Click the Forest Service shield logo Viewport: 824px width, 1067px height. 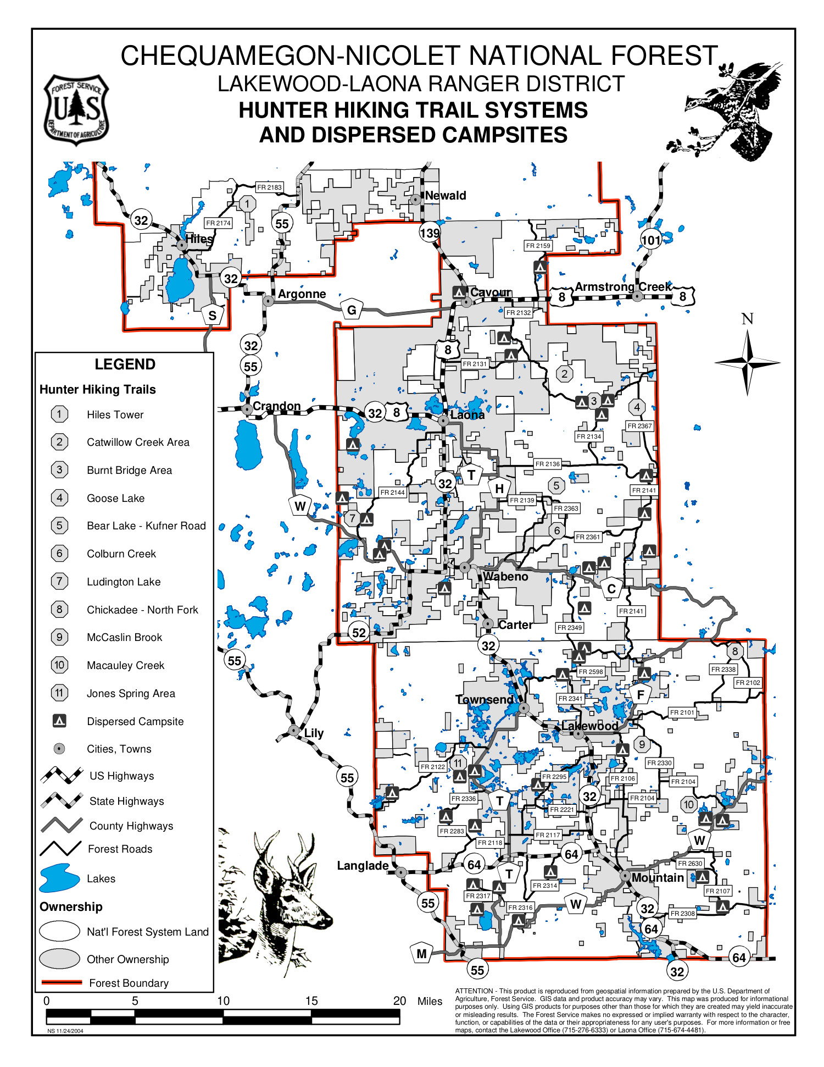[76, 110]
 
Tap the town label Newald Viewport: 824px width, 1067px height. [445, 196]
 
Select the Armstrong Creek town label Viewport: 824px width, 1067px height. [623, 287]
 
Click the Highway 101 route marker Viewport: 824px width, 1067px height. [651, 240]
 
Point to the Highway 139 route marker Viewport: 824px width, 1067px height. [430, 233]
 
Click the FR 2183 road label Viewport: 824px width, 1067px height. [269, 187]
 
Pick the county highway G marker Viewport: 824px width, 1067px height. [352, 310]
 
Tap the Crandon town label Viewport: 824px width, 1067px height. [276, 406]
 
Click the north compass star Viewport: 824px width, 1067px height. [747, 362]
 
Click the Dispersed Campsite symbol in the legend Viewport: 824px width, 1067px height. [59, 721]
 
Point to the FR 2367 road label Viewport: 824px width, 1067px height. [640, 426]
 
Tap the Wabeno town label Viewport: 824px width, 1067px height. [505, 577]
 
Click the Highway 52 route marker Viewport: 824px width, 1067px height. [359, 633]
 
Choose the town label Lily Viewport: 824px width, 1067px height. [314, 733]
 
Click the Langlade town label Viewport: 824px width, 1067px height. [363, 866]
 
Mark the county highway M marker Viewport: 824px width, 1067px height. [421, 954]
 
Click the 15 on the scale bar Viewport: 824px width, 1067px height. [311, 1001]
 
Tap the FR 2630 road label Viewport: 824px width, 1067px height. [690, 864]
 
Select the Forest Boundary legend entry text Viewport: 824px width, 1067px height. [129, 983]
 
